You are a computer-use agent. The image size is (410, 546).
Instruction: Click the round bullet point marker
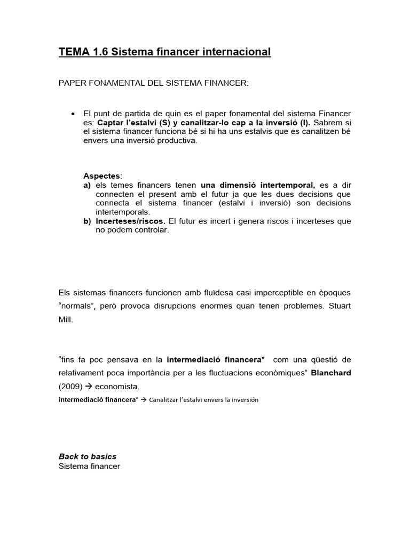coord(72,114)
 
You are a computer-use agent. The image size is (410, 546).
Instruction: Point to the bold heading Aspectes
coord(102,176)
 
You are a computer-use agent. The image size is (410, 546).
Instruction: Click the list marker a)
coord(87,185)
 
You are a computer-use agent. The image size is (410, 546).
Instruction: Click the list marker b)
coord(87,221)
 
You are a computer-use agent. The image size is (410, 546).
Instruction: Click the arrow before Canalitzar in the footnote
coord(143,400)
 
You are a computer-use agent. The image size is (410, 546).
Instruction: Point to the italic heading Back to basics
coord(88,456)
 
